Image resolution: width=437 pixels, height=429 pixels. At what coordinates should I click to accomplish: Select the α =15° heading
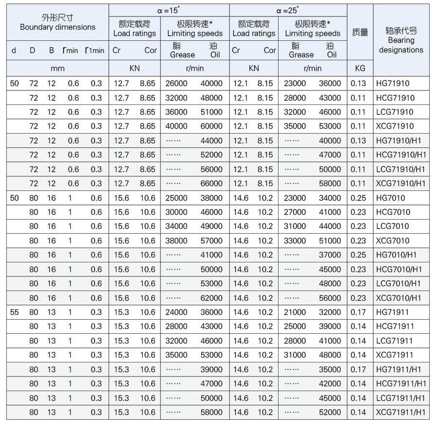[x=169, y=10]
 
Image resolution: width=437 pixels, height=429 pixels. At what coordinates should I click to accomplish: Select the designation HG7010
[x=390, y=198]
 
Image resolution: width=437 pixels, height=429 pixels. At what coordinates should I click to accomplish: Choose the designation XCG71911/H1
[x=401, y=412]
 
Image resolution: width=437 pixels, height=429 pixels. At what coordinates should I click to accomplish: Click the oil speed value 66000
[x=211, y=184]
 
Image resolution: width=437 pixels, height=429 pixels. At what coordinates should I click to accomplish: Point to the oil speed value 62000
[x=211, y=298]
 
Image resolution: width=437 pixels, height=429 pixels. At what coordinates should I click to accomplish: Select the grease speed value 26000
[x=176, y=83]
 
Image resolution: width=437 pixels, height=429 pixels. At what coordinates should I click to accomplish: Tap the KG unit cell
[x=360, y=69]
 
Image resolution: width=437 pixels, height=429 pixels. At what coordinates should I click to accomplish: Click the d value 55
[x=15, y=312]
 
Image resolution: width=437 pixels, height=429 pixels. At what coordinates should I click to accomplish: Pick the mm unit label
[x=57, y=69]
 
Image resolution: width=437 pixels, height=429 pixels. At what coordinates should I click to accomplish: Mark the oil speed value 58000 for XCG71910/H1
[x=330, y=184]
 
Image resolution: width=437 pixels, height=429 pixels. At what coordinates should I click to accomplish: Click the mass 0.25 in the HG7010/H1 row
[x=358, y=255]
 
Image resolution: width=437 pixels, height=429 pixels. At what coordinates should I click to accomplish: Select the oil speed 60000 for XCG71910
[x=211, y=126]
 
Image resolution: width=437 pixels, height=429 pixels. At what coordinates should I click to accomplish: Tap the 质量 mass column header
[x=360, y=33]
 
